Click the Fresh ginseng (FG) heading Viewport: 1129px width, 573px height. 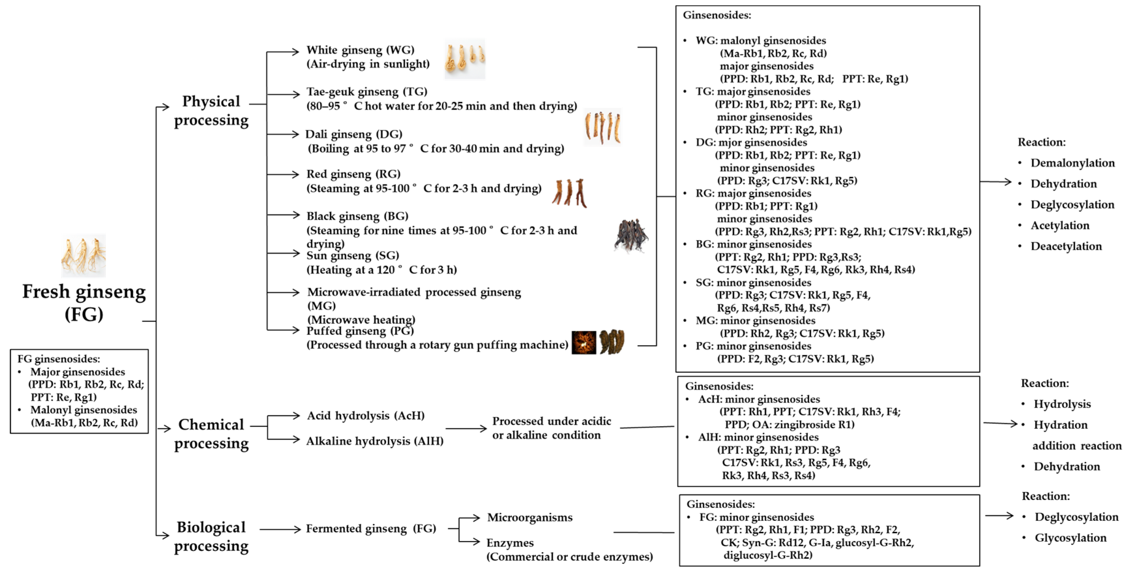pyautogui.click(x=84, y=303)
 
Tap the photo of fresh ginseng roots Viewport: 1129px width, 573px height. pyautogui.click(x=83, y=256)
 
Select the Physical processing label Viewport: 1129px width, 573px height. pyautogui.click(x=211, y=111)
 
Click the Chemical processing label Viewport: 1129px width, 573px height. pyautogui.click(x=211, y=434)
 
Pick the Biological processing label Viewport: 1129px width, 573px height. pyautogui.click(x=211, y=536)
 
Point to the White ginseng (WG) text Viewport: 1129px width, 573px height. pyautogui.click(x=360, y=50)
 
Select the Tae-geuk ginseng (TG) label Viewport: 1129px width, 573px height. pyautogui.click(x=366, y=92)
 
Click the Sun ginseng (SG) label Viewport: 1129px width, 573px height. pyautogui.click(x=353, y=256)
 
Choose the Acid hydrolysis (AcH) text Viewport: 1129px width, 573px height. pyautogui.click(x=365, y=415)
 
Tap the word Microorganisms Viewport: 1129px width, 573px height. pyautogui.click(x=529, y=518)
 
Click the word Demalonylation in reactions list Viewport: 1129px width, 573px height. pyautogui.click(x=1072, y=163)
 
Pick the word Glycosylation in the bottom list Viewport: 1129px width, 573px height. pyautogui.click(x=1070, y=538)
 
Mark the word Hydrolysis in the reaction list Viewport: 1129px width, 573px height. pyautogui.click(x=1062, y=404)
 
